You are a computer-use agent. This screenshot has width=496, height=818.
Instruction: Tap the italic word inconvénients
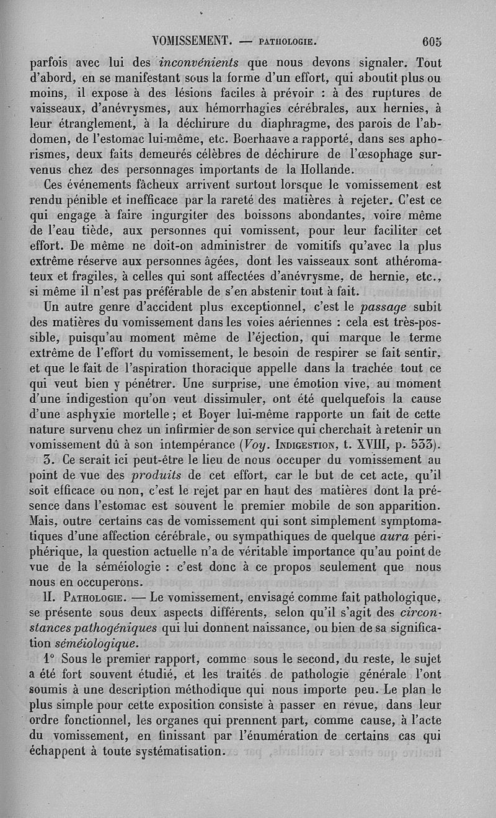click(x=200, y=63)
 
